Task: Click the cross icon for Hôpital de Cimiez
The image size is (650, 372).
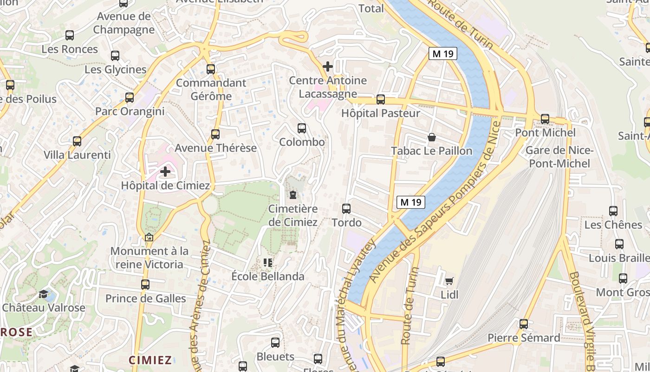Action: (x=165, y=172)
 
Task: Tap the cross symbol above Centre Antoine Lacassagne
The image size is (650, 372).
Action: (x=328, y=66)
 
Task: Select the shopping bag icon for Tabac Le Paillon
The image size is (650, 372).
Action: (x=432, y=137)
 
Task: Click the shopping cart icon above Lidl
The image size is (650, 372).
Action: (x=449, y=281)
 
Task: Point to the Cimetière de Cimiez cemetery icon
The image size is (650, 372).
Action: (x=293, y=195)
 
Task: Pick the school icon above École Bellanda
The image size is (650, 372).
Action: (x=268, y=263)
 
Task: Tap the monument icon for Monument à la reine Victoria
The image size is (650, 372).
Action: (x=149, y=237)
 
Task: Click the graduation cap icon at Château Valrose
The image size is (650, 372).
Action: (x=43, y=294)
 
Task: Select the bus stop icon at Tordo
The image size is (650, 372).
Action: (x=346, y=209)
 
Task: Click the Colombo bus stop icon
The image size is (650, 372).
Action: (x=302, y=128)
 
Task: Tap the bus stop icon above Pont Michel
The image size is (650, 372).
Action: (x=545, y=119)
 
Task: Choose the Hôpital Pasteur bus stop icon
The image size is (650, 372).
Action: (x=381, y=99)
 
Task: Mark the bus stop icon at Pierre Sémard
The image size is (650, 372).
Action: (x=524, y=324)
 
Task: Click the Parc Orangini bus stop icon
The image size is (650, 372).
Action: (x=130, y=98)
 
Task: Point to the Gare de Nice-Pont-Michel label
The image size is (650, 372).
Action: (x=559, y=157)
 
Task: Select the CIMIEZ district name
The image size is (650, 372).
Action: (x=150, y=360)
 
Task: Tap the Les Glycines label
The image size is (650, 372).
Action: (x=116, y=70)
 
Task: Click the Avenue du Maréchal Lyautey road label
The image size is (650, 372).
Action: (x=356, y=307)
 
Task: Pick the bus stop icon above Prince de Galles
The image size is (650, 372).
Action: (x=145, y=284)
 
